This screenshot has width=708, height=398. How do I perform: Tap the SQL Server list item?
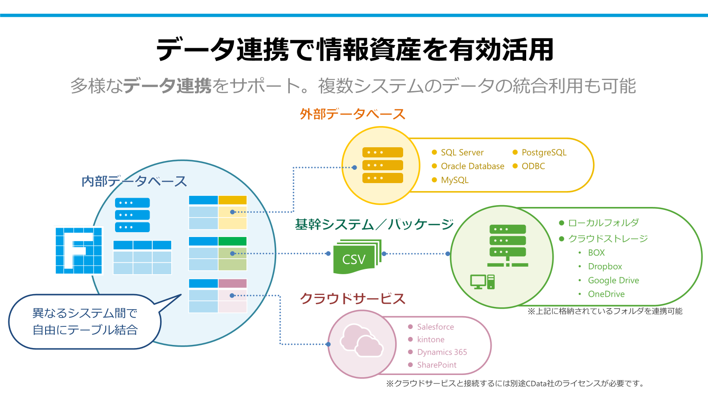click(x=462, y=153)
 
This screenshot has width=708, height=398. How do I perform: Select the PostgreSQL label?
click(x=544, y=153)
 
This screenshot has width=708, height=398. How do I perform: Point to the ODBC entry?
click(x=533, y=166)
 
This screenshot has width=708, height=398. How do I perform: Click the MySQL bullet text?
click(x=454, y=180)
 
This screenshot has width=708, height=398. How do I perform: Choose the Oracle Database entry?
click(x=472, y=166)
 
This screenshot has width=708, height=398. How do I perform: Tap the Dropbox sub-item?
click(x=605, y=267)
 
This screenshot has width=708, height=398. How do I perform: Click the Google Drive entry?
click(x=613, y=280)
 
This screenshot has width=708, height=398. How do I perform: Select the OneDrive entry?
click(x=606, y=294)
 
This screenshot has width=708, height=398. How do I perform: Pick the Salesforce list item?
click(x=435, y=327)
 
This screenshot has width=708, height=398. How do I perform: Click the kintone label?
click(x=431, y=340)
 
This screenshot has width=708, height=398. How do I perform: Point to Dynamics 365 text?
click(x=442, y=352)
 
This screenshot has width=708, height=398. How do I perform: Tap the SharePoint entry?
click(x=437, y=365)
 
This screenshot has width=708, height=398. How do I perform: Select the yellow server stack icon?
click(x=383, y=165)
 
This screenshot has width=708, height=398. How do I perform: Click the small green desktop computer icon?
click(x=482, y=282)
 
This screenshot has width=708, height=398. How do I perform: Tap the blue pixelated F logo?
click(x=79, y=251)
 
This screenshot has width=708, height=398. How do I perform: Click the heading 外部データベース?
click(x=353, y=114)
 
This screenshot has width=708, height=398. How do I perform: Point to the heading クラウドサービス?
click(x=353, y=298)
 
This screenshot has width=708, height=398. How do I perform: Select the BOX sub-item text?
click(x=596, y=253)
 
